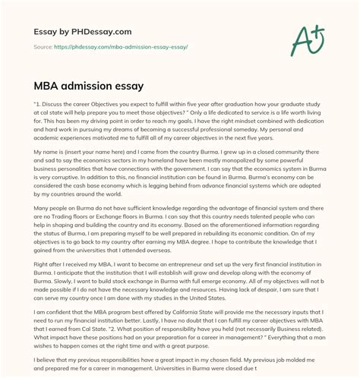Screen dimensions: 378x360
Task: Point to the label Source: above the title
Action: click(x=41, y=47)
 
